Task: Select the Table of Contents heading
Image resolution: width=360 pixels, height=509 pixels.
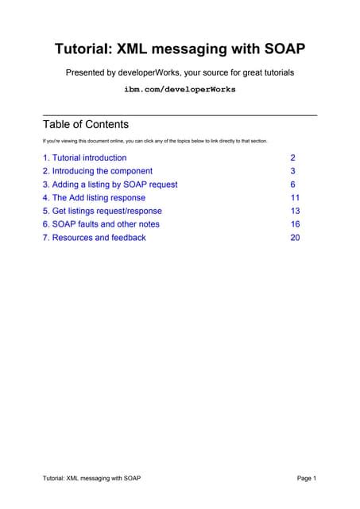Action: point(85,125)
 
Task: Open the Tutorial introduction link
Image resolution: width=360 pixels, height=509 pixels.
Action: point(84,157)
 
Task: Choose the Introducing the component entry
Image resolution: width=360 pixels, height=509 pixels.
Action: point(97,171)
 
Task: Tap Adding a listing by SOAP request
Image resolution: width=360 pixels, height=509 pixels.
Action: point(110,185)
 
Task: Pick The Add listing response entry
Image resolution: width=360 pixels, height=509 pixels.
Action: point(94,197)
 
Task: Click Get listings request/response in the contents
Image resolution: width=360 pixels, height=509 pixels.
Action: point(102,211)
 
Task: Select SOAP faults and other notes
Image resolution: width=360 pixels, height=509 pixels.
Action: point(101,224)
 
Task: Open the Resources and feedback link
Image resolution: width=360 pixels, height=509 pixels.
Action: point(94,237)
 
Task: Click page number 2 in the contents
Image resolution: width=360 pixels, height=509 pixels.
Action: point(293,157)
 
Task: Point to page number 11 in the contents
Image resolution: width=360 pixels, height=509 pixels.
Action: point(295,197)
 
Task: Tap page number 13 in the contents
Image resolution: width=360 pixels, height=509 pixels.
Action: point(295,211)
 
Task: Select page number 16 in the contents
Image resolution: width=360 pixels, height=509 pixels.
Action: point(295,224)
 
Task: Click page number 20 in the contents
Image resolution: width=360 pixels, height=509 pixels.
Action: point(295,237)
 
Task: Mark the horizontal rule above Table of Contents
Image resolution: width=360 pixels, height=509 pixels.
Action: point(180,116)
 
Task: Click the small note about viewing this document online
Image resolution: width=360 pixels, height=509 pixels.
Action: point(154,141)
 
